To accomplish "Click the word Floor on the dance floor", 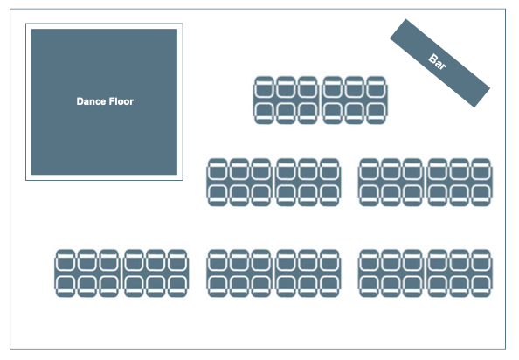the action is (x=121, y=101).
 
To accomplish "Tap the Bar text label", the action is (x=437, y=62).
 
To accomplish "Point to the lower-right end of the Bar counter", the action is (x=482, y=97).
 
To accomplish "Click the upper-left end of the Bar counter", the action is (x=398, y=29).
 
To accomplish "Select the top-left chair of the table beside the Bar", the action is (x=264, y=87).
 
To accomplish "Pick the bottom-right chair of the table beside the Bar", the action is (x=377, y=114).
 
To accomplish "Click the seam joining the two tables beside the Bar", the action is (x=320, y=100).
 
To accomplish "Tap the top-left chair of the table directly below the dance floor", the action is (x=66, y=260).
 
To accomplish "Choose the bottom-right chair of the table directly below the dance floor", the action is (x=177, y=287).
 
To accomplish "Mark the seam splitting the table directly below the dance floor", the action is (x=121, y=273).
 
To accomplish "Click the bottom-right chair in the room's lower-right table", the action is (x=481, y=287).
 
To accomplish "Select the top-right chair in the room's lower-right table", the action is (x=481, y=260).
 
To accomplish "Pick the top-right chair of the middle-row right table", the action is (x=481, y=170).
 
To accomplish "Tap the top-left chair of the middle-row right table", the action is (x=369, y=170).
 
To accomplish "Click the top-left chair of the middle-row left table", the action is (x=218, y=170).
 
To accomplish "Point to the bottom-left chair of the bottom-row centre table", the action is (x=218, y=287).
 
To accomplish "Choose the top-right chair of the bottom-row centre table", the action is (x=329, y=260).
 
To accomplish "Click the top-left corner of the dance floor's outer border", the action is (x=26, y=24).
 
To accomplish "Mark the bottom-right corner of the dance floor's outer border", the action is (x=183, y=180).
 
